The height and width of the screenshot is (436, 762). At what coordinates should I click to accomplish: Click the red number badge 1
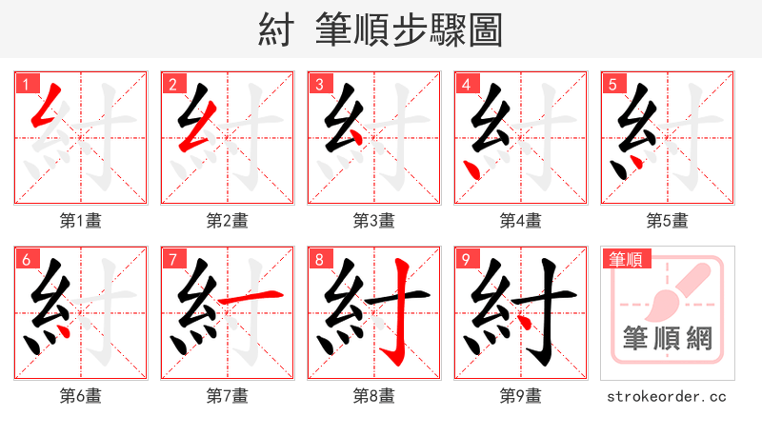(x=26, y=84)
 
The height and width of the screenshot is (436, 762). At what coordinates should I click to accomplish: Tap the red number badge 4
(x=466, y=84)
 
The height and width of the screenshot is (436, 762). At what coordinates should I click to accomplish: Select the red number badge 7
(x=172, y=259)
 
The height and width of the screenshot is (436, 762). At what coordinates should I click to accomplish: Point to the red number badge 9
(x=466, y=259)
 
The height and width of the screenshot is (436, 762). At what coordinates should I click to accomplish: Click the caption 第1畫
(x=81, y=221)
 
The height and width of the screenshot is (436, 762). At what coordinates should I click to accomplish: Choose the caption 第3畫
(x=374, y=221)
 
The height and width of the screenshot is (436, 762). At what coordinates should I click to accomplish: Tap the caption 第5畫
(x=668, y=221)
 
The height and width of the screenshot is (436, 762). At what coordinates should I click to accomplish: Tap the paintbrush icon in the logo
(x=677, y=291)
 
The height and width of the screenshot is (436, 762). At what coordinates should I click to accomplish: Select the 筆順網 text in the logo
(x=667, y=339)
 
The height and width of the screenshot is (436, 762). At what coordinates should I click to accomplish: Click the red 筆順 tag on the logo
(x=625, y=258)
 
